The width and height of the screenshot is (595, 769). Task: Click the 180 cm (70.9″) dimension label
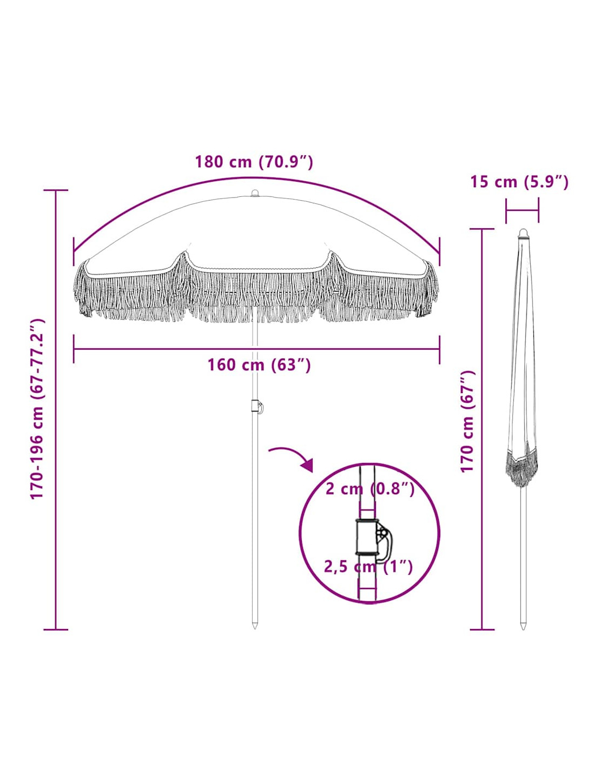click(254, 162)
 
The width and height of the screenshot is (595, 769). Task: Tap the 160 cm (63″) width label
click(259, 365)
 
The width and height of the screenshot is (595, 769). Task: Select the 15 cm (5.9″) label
click(519, 182)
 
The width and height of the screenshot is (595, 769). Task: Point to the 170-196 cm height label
click(37, 409)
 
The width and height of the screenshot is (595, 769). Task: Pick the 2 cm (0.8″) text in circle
click(370, 489)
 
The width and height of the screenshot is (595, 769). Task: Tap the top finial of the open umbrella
click(255, 193)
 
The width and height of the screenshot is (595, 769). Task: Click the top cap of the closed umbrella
click(523, 233)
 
